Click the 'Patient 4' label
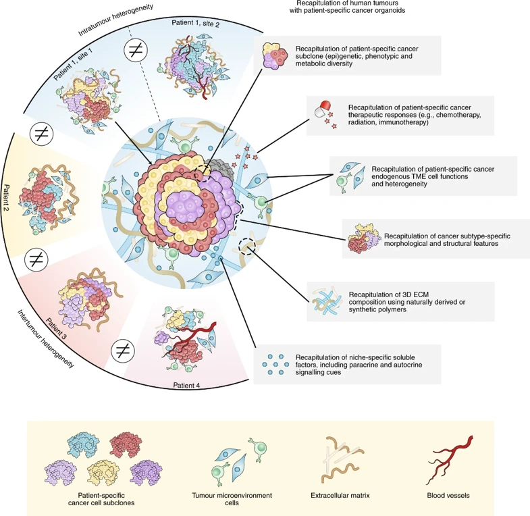click(x=182, y=386)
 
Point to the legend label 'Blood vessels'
click(x=449, y=495)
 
